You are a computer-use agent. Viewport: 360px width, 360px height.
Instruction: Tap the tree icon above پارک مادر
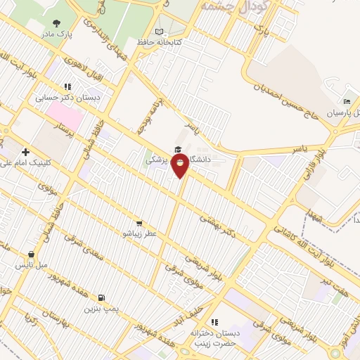click(56, 22)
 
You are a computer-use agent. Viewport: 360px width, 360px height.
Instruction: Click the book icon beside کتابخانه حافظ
click(159, 32)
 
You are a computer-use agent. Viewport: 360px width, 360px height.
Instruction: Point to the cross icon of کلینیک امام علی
click(26, 151)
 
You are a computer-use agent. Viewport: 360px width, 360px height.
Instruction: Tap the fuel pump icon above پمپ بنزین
click(103, 297)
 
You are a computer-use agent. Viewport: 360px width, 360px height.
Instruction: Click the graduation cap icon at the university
click(177, 150)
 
